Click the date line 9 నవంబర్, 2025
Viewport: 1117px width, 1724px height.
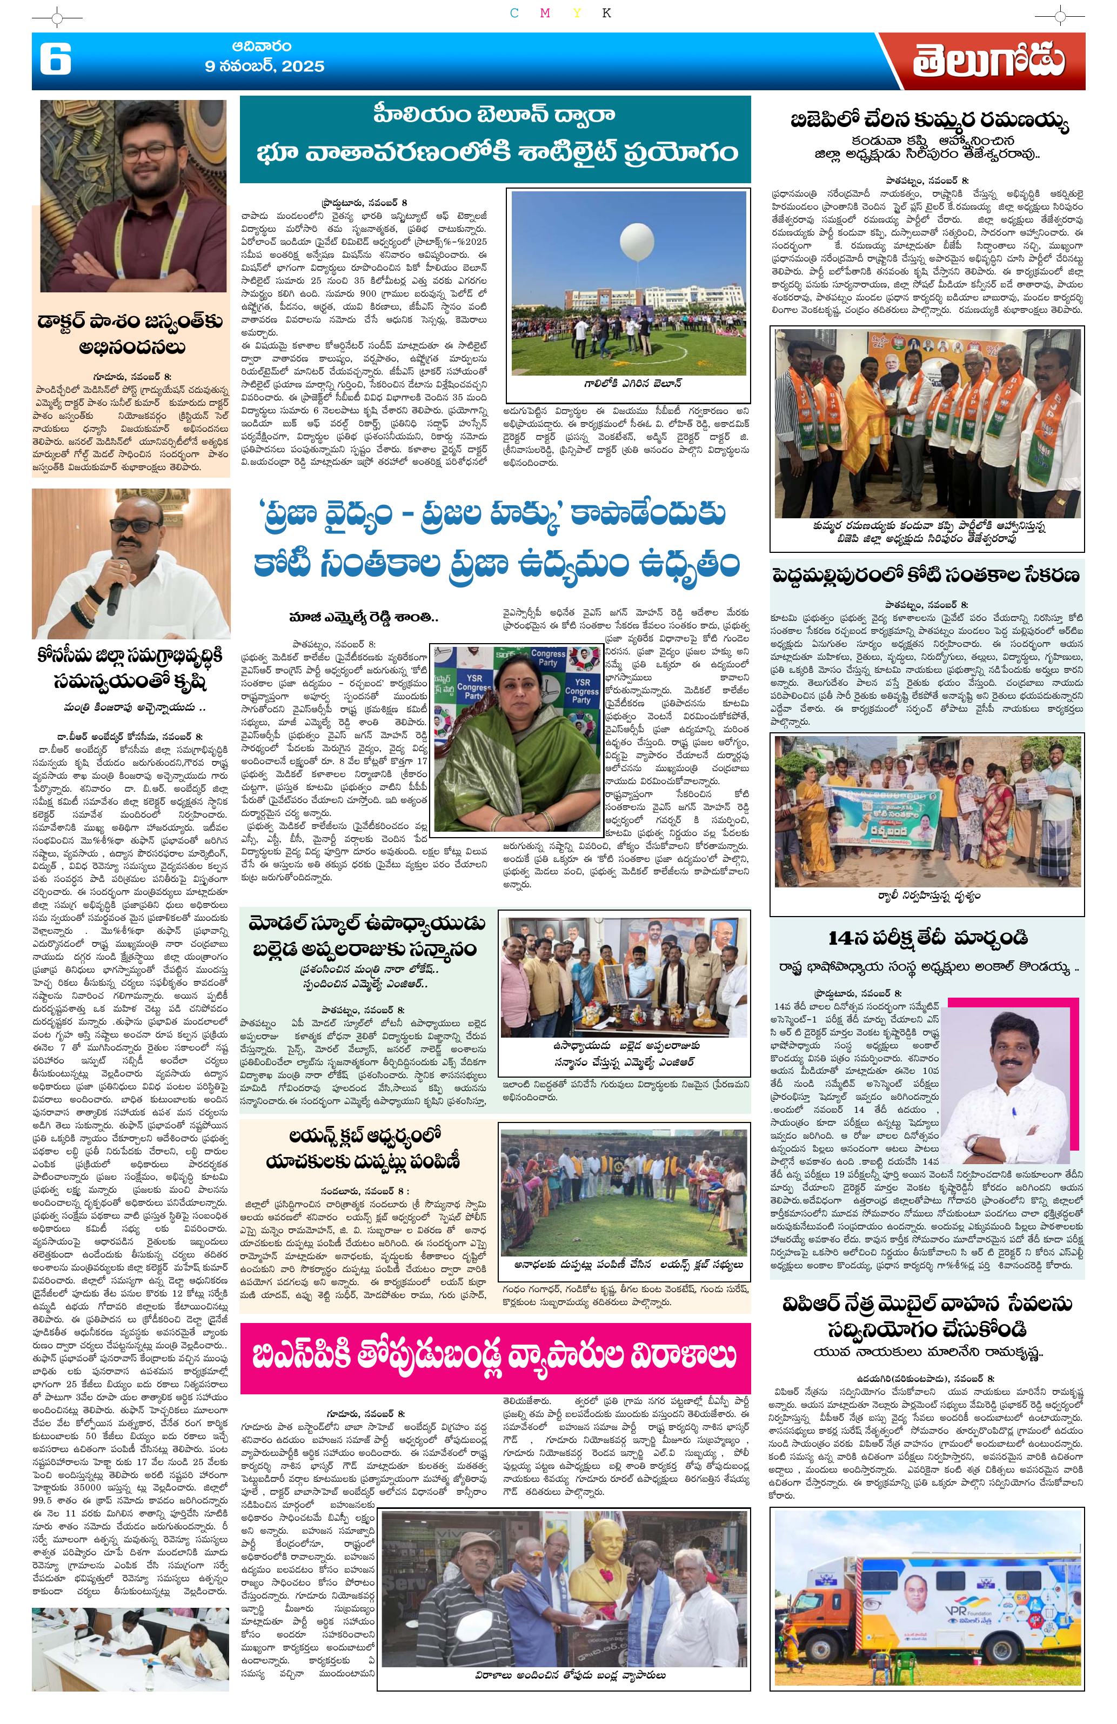264,66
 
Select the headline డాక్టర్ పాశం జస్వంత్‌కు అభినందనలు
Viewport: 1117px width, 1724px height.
131,335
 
